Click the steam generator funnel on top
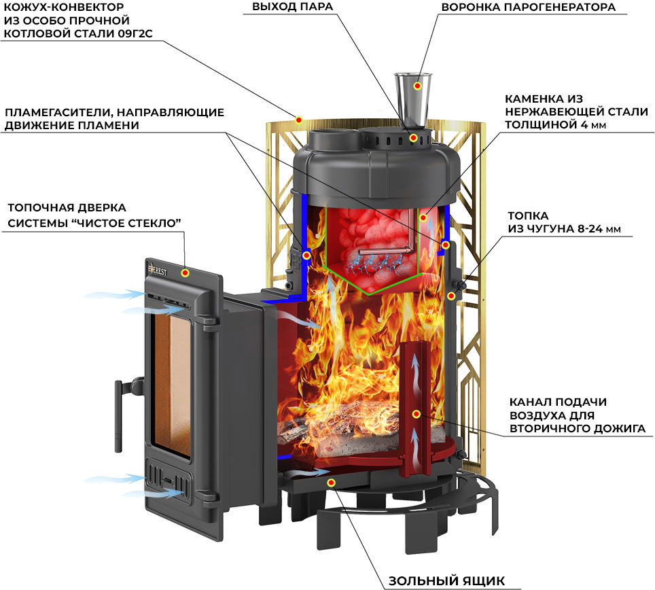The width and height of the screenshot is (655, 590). point(412,101)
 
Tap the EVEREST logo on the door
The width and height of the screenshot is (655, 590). point(158,270)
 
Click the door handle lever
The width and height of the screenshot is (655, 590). point(119,416)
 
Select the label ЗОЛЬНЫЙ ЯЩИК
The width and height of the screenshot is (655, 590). point(446,580)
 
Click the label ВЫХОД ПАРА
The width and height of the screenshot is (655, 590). point(292,7)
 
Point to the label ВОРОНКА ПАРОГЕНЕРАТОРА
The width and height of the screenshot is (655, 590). point(528,7)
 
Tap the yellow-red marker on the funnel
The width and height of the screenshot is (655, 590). point(417,86)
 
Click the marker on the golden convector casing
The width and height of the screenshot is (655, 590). point(299,120)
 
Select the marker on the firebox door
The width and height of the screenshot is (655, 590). point(185,273)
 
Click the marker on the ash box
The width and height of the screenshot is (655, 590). point(332,483)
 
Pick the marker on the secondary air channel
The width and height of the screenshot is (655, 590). point(416,414)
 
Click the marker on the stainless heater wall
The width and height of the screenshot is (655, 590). point(423,218)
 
